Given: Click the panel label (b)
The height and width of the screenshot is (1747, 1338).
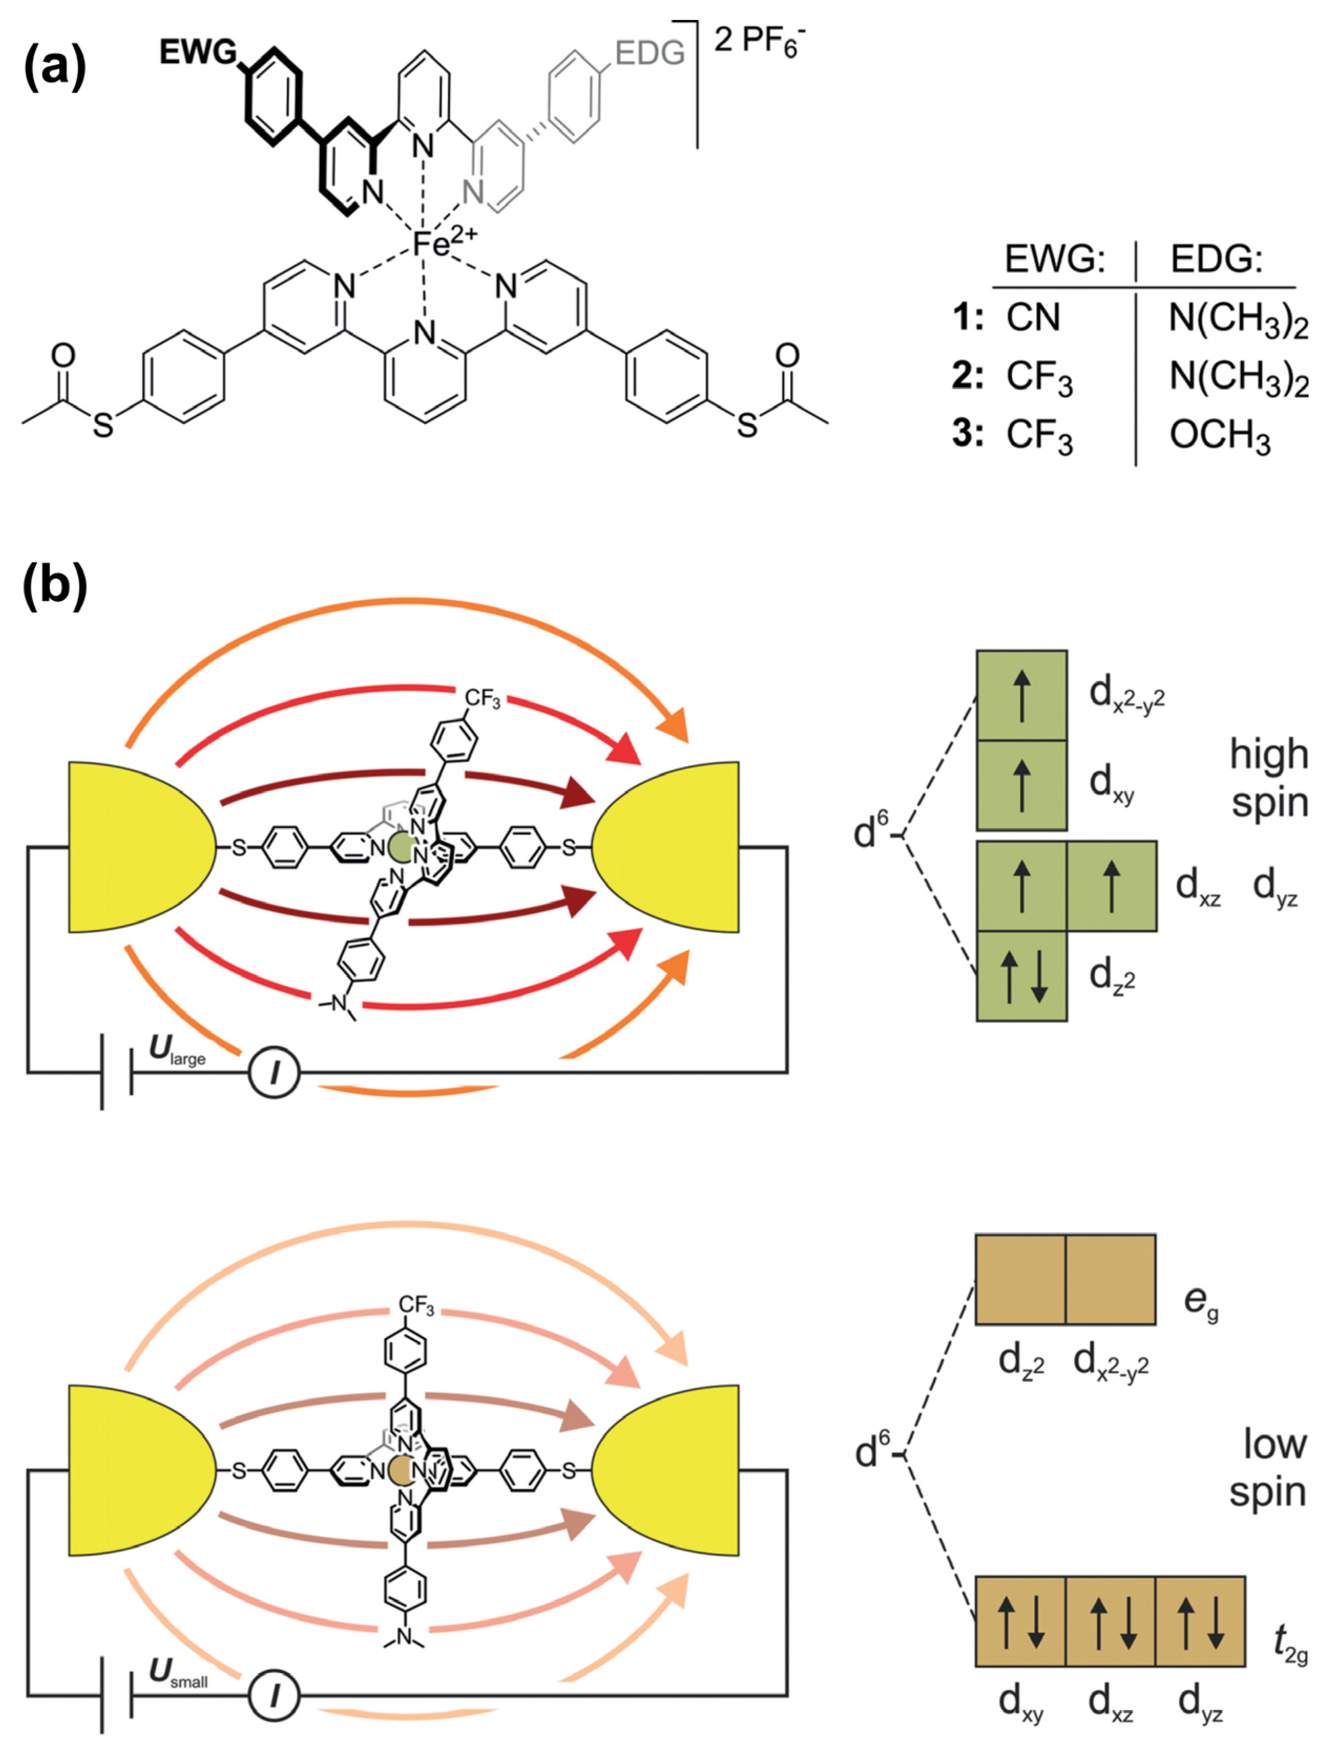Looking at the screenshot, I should pyautogui.click(x=54, y=587).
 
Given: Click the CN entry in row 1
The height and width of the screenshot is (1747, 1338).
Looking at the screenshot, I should pyautogui.click(x=1033, y=318).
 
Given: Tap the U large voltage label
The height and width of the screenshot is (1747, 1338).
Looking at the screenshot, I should pyautogui.click(x=177, y=1051).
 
